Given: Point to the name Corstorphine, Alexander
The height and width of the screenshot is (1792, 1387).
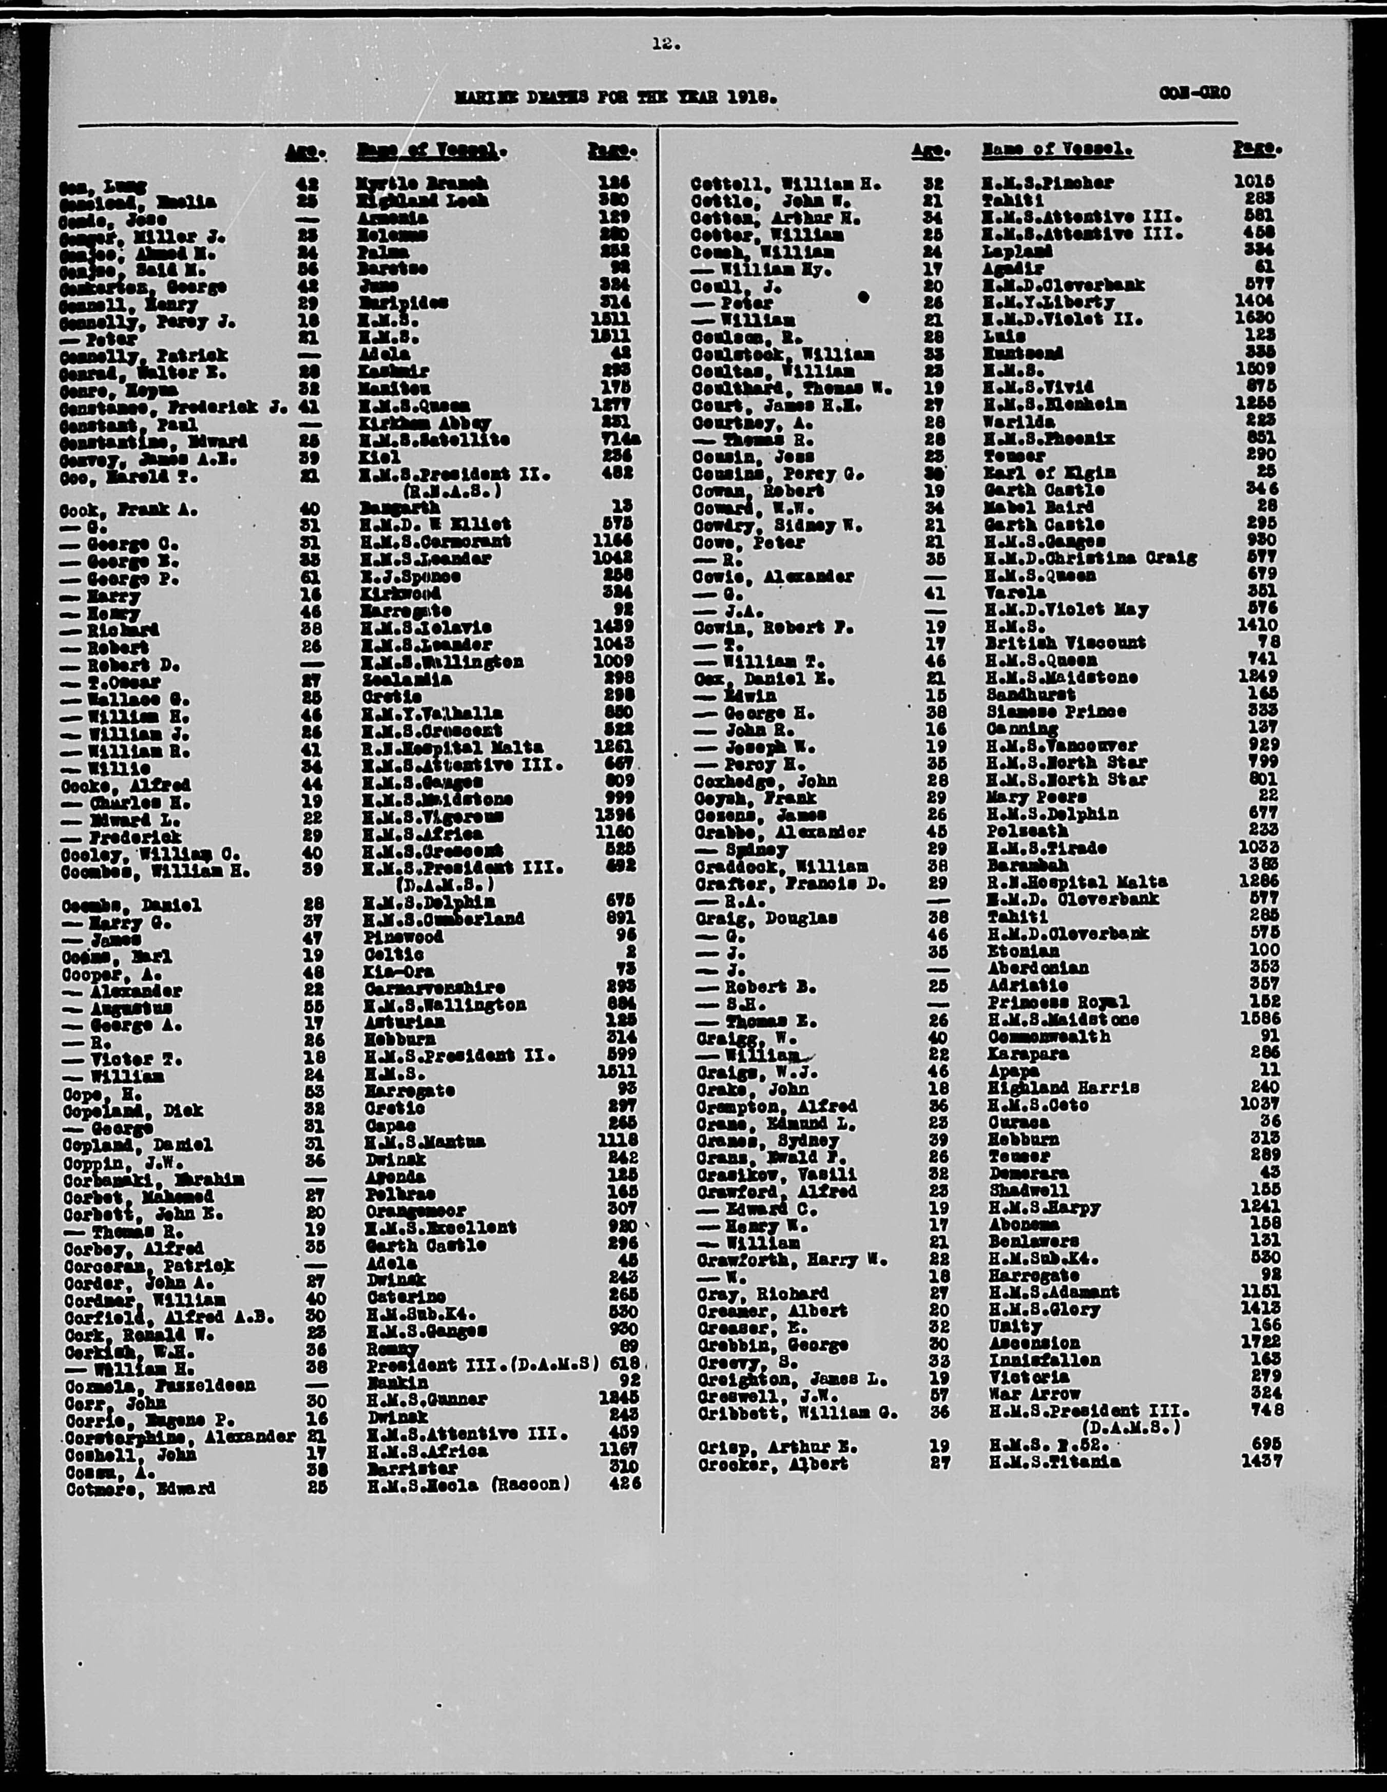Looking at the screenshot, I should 180,1437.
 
